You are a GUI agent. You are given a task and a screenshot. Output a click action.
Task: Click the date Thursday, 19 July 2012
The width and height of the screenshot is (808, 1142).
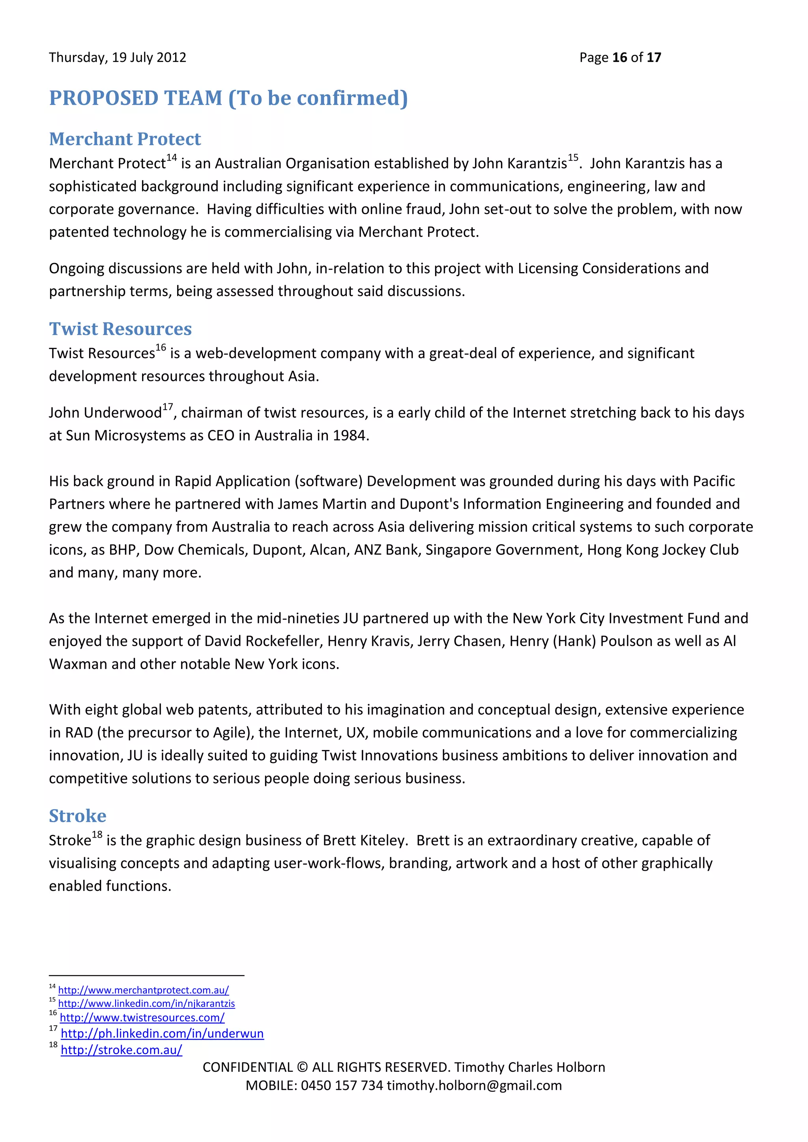pos(118,58)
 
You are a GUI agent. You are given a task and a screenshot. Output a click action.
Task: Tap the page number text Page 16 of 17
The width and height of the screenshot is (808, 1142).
pos(620,58)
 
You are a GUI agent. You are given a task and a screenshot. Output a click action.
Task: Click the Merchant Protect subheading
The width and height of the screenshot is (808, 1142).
pos(125,139)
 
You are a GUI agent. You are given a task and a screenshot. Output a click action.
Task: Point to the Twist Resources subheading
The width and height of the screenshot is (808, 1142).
pos(120,329)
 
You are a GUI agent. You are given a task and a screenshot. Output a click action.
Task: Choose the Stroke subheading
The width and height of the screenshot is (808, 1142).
pos(78,816)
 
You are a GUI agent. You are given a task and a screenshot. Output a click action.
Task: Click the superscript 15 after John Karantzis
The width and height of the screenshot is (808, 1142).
pos(573,158)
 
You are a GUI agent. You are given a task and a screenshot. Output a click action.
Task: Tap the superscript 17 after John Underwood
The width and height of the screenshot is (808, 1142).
pos(168,407)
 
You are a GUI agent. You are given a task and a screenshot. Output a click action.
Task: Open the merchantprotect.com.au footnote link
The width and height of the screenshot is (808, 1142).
pos(143,990)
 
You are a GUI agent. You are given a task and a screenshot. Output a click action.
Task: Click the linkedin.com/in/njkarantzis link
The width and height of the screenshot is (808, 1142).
pos(146,1004)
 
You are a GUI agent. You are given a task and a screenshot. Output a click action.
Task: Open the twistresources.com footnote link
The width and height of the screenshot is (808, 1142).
pos(142,1018)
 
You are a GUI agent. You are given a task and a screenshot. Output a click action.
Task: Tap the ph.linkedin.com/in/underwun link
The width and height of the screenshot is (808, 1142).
pos(162,1034)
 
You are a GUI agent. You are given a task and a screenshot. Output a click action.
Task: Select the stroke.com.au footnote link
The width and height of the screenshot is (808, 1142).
pos(122,1050)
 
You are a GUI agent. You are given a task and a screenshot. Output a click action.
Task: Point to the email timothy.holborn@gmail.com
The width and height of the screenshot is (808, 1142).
pos(474,1085)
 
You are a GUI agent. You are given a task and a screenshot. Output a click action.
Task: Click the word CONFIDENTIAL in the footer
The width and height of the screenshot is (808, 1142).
pos(247,1067)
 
